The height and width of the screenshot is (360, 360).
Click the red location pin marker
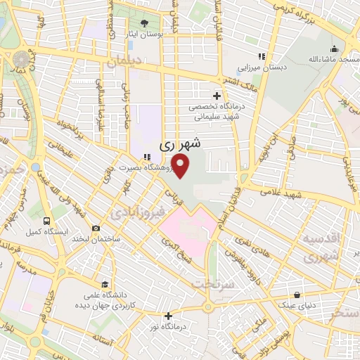(x=181, y=165)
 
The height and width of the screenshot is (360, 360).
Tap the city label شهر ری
(x=180, y=144)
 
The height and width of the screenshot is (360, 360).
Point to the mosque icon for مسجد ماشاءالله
(x=335, y=49)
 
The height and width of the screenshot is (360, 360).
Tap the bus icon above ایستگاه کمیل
(x=46, y=219)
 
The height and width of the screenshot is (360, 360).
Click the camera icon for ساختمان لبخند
(x=96, y=228)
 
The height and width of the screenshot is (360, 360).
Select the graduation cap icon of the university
(x=105, y=285)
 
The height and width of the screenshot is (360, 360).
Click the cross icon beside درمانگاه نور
(x=168, y=316)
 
